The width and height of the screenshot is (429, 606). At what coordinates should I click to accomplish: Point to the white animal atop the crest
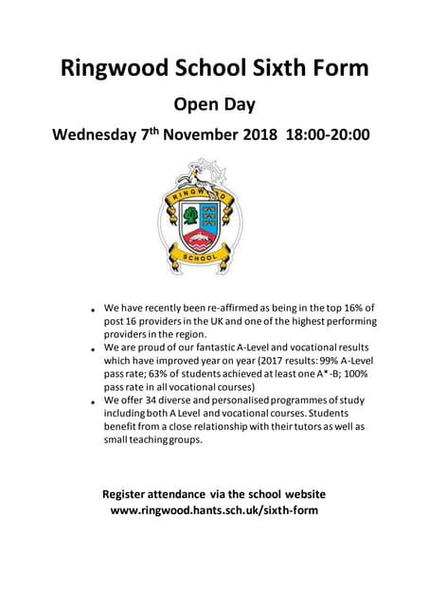tap(200, 172)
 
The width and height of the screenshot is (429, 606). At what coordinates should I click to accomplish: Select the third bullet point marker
tap(93, 402)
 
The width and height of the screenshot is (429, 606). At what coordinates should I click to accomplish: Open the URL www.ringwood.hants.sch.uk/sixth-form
tap(214, 510)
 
